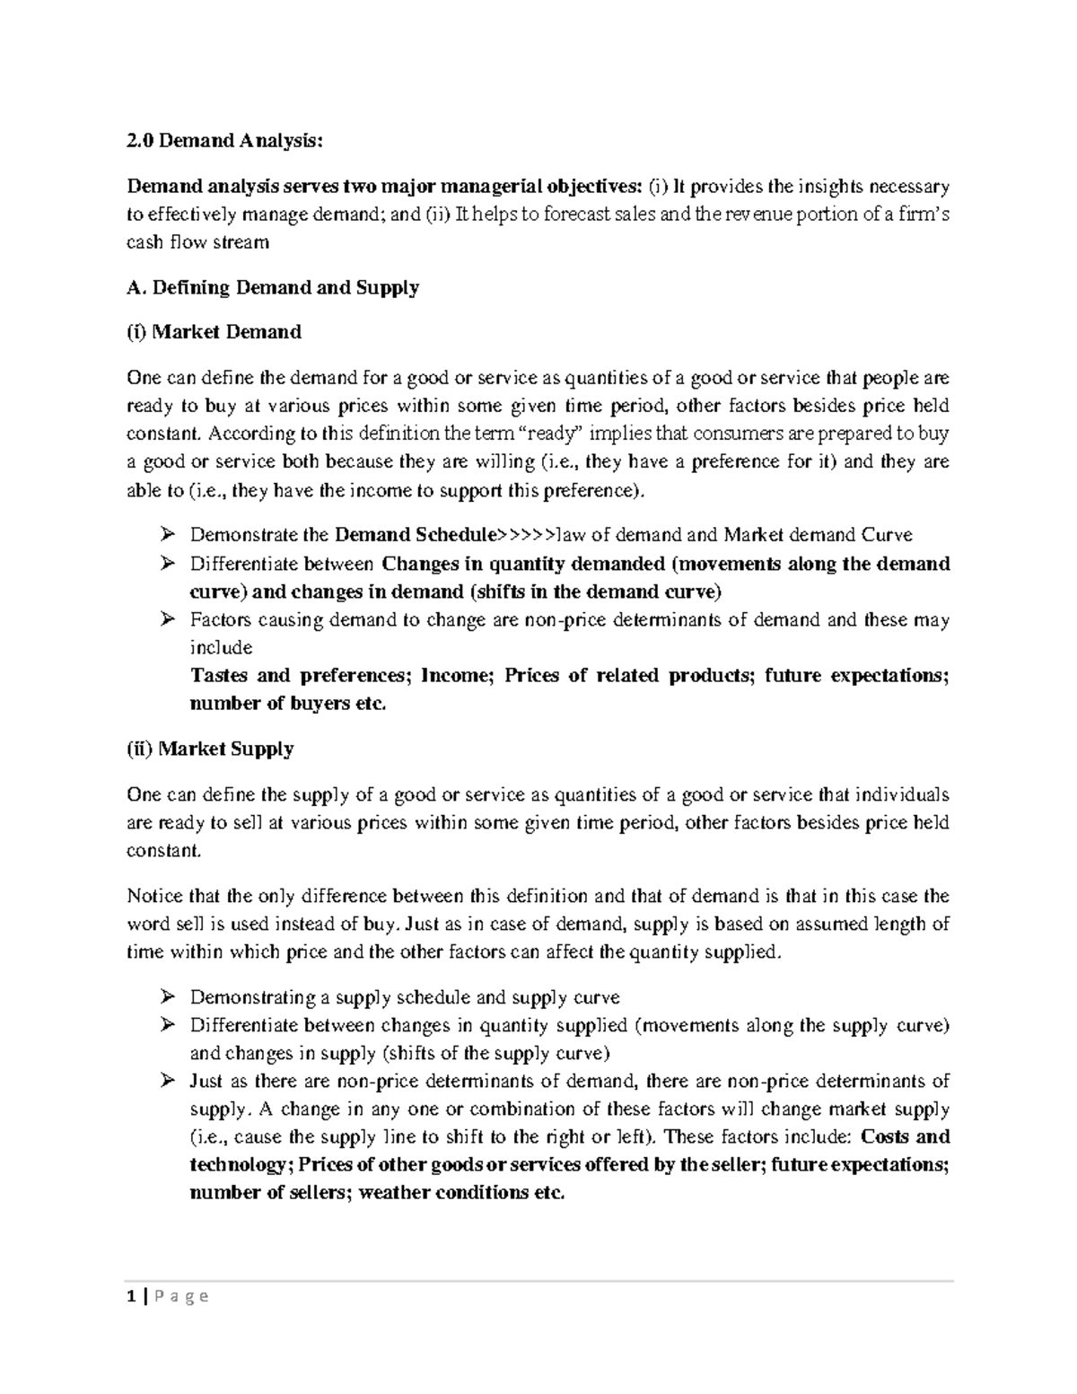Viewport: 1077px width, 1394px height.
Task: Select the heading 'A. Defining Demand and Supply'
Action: pos(273,288)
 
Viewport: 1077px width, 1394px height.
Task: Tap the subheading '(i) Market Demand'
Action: pos(214,332)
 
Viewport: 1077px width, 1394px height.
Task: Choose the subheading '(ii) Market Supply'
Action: pos(210,749)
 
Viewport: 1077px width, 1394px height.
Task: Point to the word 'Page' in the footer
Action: pos(178,1296)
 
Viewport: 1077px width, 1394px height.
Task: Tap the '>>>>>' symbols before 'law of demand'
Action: pos(527,536)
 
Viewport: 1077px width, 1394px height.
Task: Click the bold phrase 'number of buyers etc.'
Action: pos(288,704)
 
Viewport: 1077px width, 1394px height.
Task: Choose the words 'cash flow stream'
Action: pos(197,242)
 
